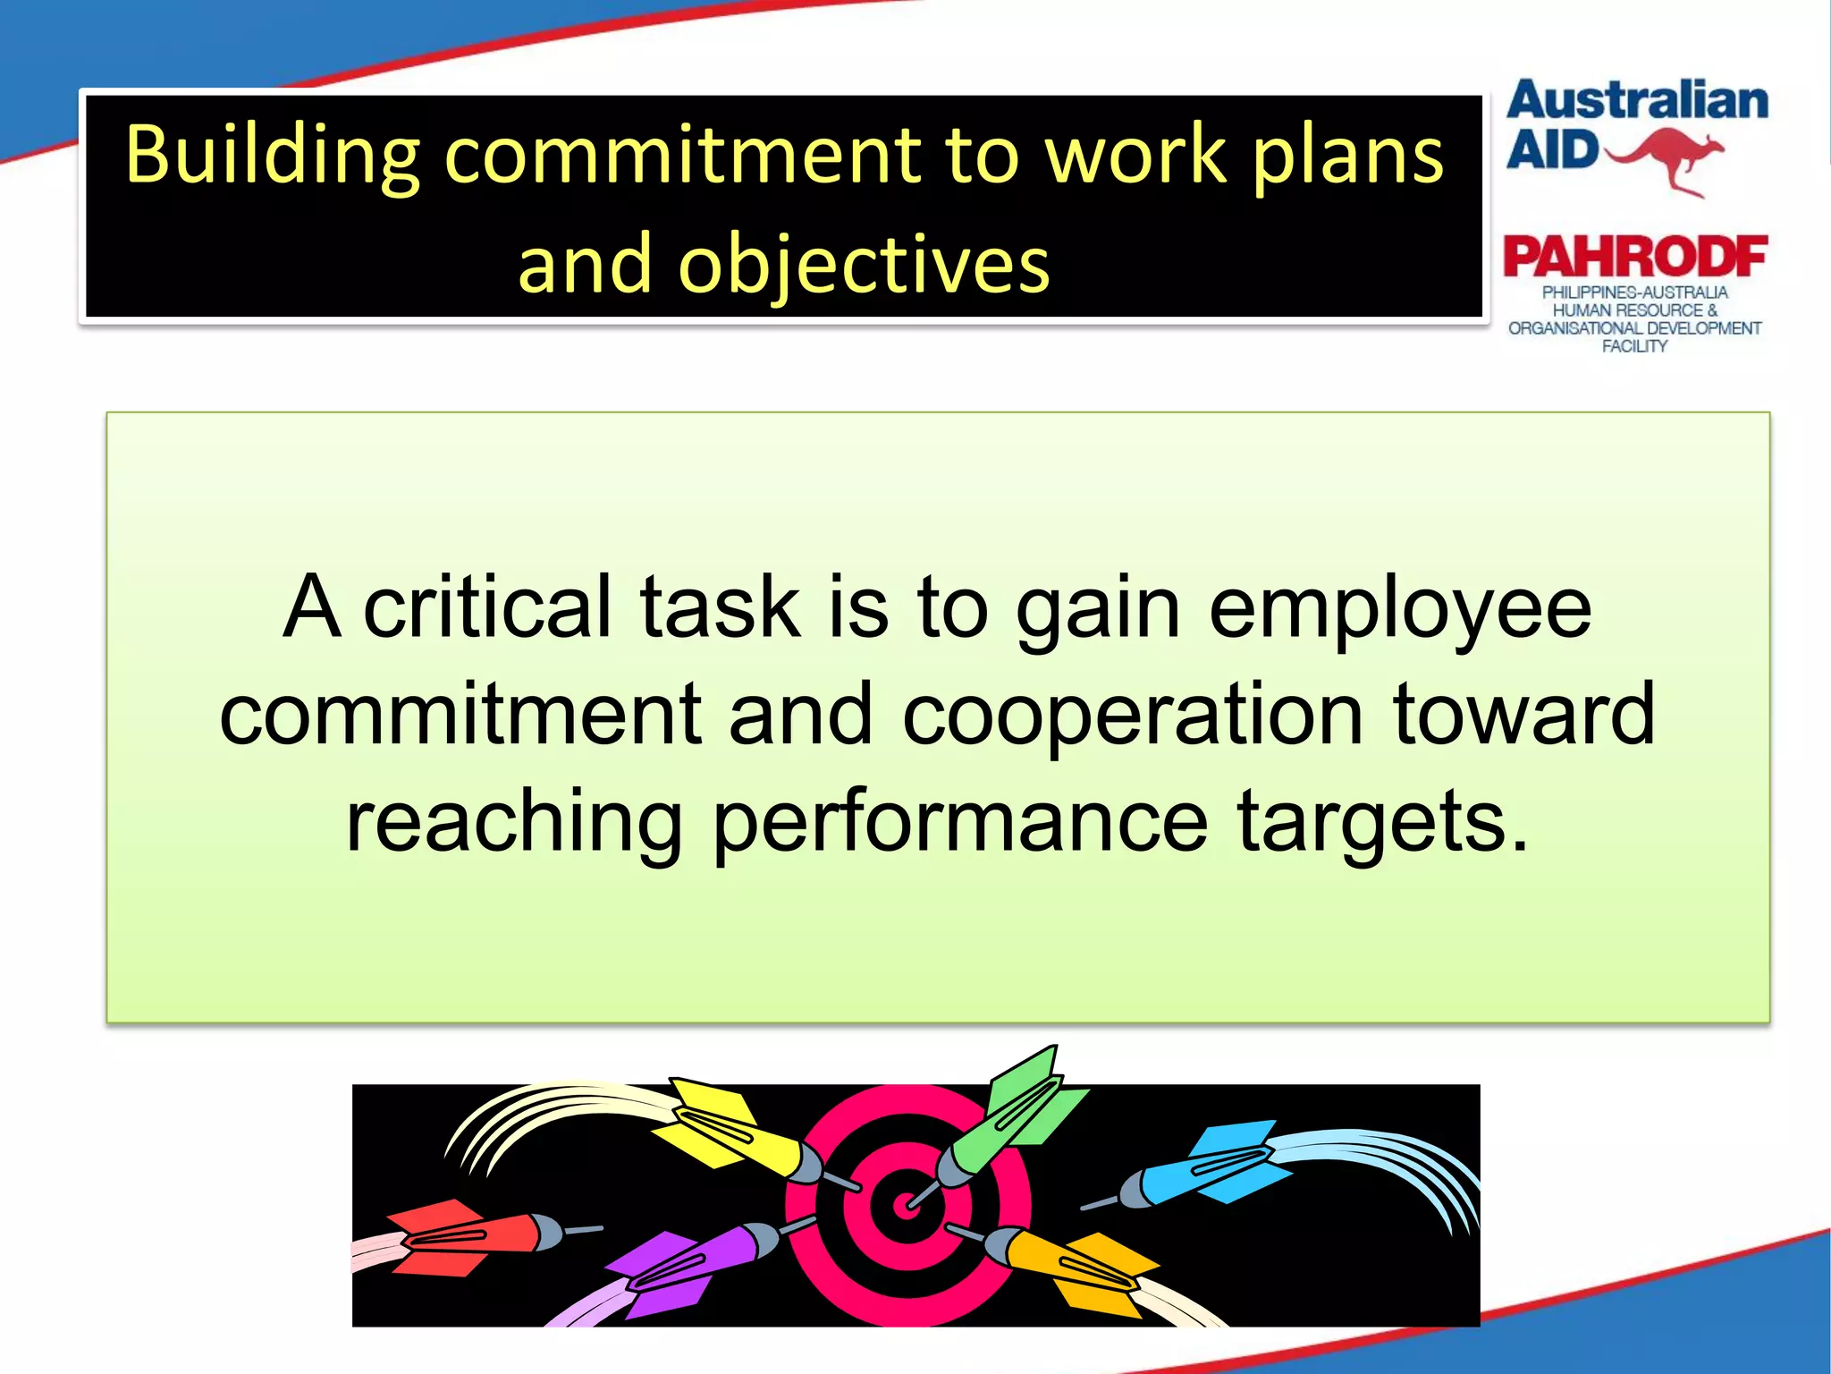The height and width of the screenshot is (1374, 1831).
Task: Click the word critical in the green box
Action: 487,608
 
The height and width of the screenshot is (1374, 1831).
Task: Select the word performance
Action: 960,821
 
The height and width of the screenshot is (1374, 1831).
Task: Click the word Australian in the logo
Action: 1637,100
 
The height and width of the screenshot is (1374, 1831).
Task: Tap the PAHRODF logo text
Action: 1635,258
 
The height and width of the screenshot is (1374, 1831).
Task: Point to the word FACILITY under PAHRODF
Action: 1634,346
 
